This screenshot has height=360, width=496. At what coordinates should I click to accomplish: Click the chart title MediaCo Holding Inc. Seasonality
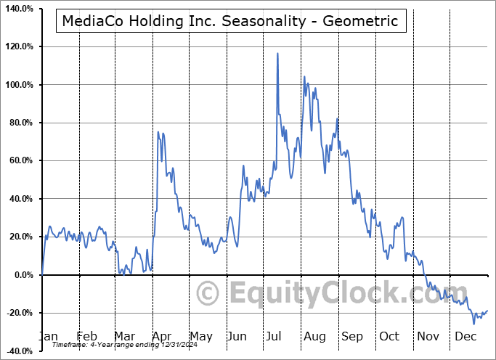pos(230,21)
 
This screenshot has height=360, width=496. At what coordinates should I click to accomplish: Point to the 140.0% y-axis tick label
pos(20,9)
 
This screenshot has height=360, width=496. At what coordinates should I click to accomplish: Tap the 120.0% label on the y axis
pos(20,46)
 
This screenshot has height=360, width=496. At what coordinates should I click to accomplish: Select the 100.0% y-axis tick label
pos(20,85)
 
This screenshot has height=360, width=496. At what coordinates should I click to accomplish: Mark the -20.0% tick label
pos(20,313)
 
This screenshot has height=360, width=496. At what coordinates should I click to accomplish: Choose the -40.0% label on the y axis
pos(20,351)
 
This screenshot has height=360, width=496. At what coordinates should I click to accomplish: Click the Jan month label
pos(48,336)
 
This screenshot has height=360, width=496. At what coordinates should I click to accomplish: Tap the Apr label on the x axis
pos(162,336)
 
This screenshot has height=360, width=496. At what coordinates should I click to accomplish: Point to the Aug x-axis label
pos(314,336)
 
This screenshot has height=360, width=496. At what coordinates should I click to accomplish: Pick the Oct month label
pos(390,336)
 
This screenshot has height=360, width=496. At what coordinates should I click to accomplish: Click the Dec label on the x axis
pos(465,336)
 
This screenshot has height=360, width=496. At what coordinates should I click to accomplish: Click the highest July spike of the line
pos(277,53)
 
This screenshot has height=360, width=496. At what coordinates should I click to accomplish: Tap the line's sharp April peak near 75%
pos(158,132)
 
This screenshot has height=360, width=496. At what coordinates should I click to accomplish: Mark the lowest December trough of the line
pos(474,323)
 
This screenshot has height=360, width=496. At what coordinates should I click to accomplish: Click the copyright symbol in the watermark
pos(208,294)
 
